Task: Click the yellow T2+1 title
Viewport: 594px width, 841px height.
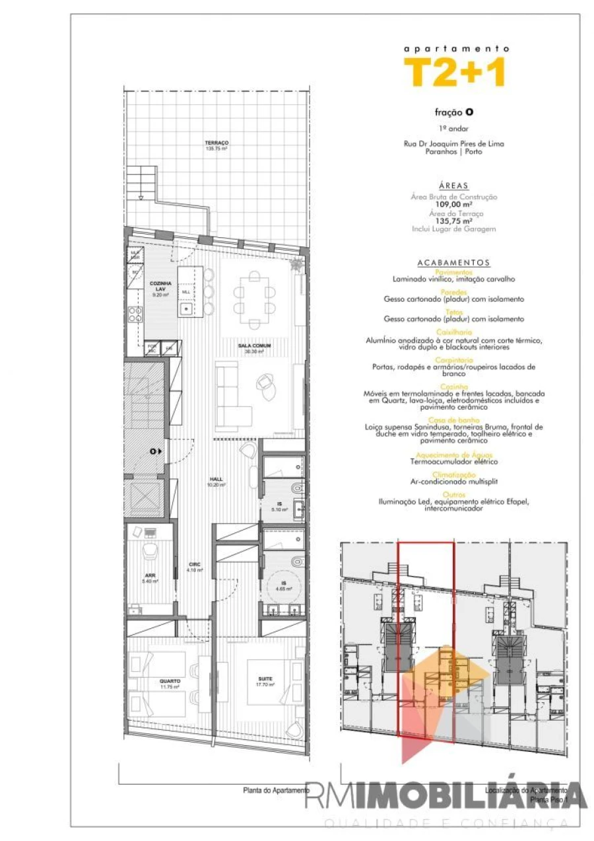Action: point(455,72)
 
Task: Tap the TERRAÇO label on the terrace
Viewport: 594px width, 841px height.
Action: point(216,143)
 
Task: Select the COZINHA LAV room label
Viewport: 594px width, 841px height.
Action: point(159,285)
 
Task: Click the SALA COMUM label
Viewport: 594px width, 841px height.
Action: point(255,346)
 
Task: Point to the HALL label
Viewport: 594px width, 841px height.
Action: point(216,480)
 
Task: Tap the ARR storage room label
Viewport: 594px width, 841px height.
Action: point(150,575)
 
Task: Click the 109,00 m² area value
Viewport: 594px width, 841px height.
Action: point(454,204)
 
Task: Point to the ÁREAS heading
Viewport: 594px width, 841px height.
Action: point(454,186)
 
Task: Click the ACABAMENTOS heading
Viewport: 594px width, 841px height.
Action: point(454,262)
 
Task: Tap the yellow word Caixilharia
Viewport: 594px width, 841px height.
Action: point(454,332)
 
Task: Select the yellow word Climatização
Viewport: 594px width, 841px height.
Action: point(454,474)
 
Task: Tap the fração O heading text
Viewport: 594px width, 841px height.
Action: point(454,112)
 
